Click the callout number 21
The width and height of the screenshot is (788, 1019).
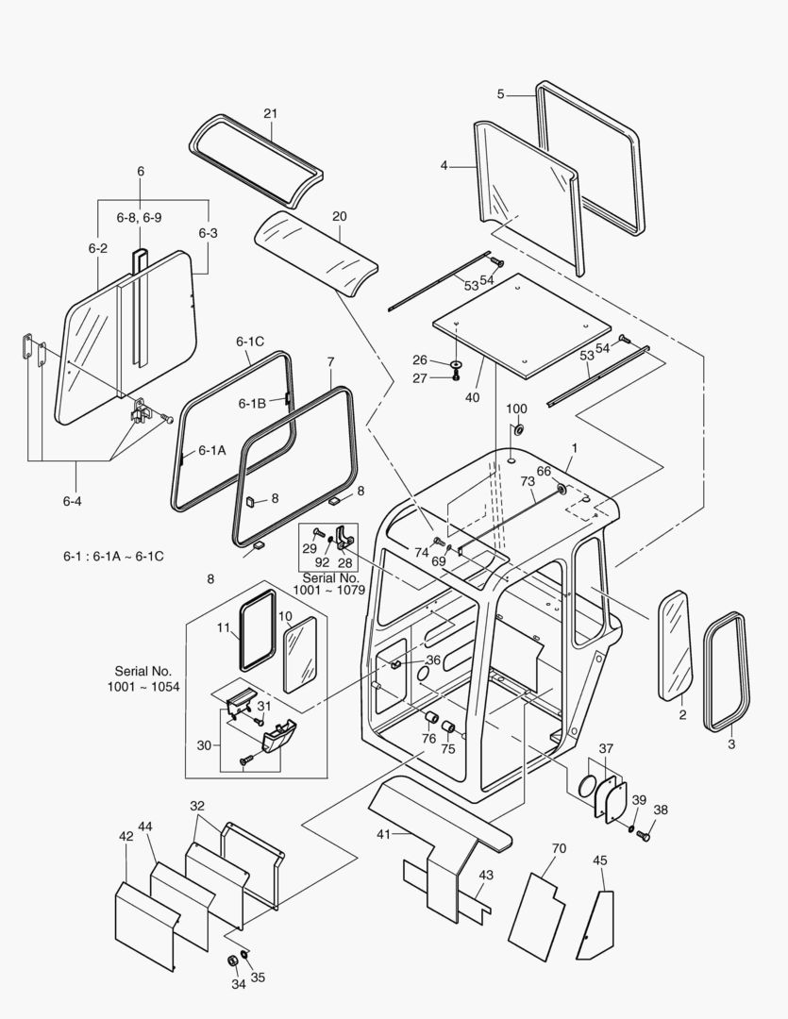(271, 114)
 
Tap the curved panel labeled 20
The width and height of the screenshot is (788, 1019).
(316, 253)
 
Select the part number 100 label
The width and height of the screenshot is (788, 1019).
(517, 409)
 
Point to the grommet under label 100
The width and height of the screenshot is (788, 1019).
(517, 431)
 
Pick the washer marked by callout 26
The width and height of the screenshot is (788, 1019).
(456, 363)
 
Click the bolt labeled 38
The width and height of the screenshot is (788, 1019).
(646, 835)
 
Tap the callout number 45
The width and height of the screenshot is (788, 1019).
(600, 860)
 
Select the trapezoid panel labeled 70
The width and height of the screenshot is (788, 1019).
(537, 914)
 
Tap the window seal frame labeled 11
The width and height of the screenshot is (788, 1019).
(256, 629)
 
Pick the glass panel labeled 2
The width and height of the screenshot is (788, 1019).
(676, 646)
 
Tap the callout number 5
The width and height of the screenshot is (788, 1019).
(502, 93)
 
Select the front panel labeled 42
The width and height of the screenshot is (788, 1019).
(146, 925)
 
